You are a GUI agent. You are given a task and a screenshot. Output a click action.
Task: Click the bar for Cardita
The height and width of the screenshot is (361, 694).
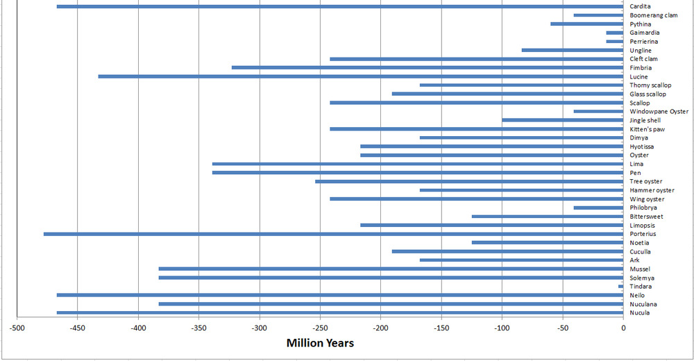point(340,7)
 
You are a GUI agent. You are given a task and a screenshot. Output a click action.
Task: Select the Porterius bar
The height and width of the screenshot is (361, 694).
point(333,234)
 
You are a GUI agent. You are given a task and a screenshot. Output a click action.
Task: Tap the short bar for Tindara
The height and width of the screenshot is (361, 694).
point(621,286)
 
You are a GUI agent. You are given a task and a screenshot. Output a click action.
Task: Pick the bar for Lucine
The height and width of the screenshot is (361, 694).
point(361,76)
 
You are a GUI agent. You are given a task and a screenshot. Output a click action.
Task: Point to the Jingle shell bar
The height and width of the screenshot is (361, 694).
point(563,120)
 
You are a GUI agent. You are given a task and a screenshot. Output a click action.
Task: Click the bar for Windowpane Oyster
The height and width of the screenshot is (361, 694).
point(598,111)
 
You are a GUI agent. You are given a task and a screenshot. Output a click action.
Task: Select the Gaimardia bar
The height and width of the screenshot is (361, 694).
point(615,33)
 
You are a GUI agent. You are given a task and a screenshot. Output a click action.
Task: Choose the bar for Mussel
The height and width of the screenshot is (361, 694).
point(391,269)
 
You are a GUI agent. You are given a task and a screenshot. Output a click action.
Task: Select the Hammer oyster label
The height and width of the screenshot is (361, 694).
point(652,190)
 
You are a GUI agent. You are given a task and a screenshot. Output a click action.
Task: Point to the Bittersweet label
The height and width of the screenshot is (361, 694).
point(646,217)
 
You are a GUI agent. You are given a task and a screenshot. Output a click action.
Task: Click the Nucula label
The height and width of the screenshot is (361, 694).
point(639,313)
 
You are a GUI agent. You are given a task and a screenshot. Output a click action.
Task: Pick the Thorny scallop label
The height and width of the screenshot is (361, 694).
point(650,85)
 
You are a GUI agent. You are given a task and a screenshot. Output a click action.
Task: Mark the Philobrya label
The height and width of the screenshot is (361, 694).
point(643,208)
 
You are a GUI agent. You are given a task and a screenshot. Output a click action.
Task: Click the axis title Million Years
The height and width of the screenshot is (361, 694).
point(320,343)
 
